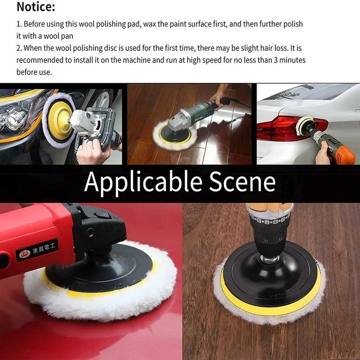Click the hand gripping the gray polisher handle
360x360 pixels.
click(92, 151)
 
